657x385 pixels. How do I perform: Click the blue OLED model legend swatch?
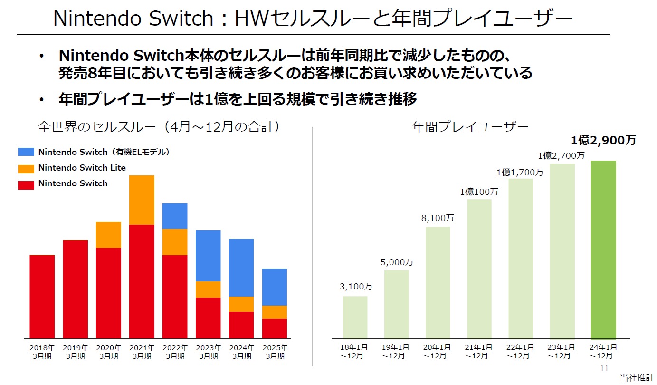click(26, 152)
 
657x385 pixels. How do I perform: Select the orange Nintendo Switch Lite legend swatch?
click(26, 168)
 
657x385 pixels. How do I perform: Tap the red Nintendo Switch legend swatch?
click(26, 184)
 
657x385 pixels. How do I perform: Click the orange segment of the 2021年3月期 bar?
click(142, 200)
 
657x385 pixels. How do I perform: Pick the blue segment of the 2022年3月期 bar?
click(175, 216)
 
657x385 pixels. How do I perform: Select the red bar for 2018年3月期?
click(42, 297)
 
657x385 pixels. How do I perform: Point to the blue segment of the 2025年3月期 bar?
click(275, 287)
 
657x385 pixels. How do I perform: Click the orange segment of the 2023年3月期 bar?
click(208, 289)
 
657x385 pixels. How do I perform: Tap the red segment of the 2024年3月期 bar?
click(241, 325)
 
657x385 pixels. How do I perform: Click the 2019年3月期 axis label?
click(75, 352)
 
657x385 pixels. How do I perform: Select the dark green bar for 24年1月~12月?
click(603, 250)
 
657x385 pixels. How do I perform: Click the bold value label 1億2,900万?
click(603, 140)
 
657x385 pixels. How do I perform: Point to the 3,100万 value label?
click(356, 287)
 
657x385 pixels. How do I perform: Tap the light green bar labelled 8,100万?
click(438, 282)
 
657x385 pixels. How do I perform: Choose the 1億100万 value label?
click(479, 192)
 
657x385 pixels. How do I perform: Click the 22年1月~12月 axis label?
click(520, 352)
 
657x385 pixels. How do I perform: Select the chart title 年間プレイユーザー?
click(470, 127)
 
